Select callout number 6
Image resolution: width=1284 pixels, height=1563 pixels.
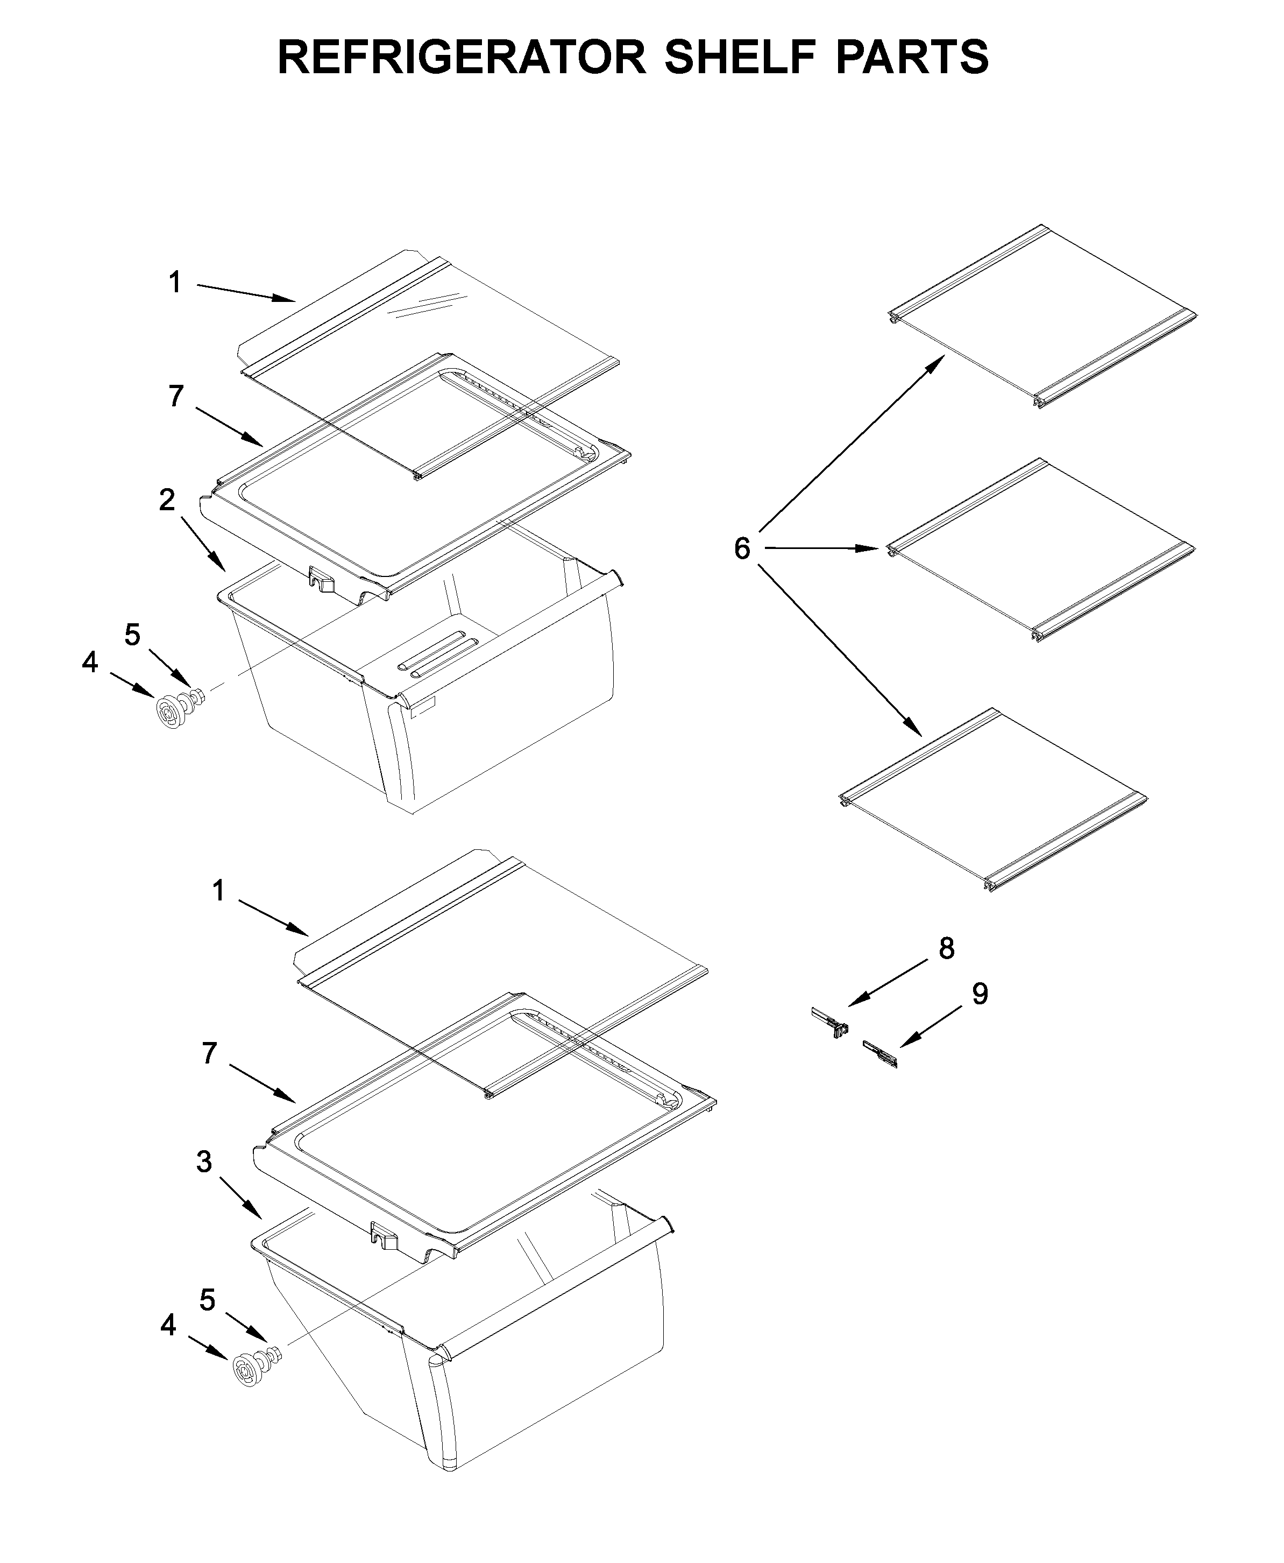coord(742,549)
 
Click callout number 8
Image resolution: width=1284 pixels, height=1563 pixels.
coord(947,949)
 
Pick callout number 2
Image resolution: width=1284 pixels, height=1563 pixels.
coord(167,501)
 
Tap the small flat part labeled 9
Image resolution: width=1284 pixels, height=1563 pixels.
coord(880,1054)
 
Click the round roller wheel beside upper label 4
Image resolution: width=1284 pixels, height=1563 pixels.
coord(172,713)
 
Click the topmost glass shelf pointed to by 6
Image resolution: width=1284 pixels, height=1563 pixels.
coord(1043,318)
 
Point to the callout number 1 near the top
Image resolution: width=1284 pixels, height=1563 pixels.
coord(174,283)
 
